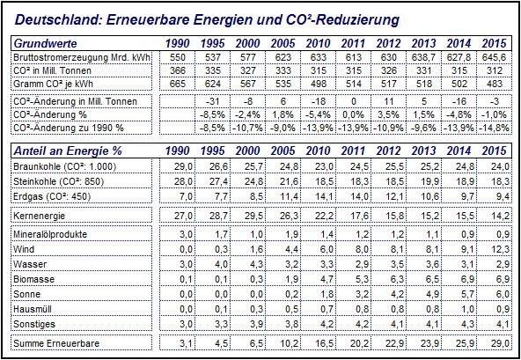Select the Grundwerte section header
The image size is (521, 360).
tap(46, 43)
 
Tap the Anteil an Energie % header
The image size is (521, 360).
tap(68, 151)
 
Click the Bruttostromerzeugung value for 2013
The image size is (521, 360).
tap(423, 57)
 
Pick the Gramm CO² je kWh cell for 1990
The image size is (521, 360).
tap(178, 84)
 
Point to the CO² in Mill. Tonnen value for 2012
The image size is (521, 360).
tap(389, 70)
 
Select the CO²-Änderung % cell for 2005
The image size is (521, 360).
tap(283, 114)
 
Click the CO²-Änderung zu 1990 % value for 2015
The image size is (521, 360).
tap(494, 128)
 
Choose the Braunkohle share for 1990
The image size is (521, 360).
tap(184, 166)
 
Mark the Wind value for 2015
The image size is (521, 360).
tap(501, 249)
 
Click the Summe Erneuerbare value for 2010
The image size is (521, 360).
tap(324, 343)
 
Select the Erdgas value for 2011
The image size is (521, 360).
tap(359, 196)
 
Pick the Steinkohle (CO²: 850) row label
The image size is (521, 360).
tap(59, 181)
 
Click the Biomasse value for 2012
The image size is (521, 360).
tap(396, 279)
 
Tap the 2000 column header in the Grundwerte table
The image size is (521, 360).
tap(247, 43)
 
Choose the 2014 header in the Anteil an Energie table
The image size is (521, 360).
tap(459, 151)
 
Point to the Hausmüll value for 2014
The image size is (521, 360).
tap(466, 309)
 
